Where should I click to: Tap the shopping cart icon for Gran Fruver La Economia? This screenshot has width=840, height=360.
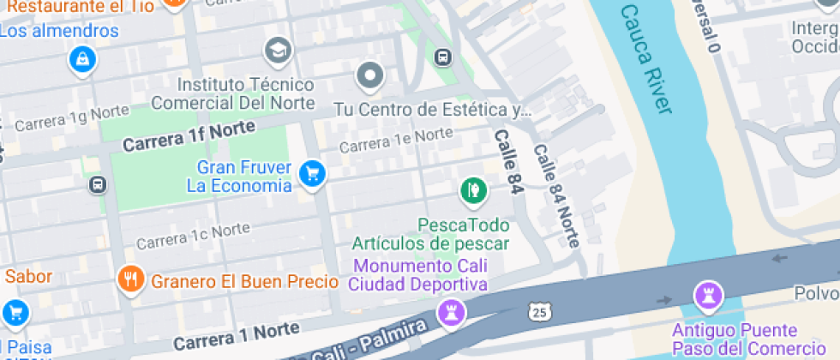311,174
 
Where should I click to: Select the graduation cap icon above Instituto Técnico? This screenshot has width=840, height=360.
278,51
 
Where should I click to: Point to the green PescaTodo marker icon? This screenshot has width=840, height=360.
472,189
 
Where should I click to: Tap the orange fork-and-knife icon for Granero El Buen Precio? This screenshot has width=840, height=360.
130,279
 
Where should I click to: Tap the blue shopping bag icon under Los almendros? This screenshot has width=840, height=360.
82,60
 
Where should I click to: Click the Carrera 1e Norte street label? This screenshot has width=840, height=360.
396,141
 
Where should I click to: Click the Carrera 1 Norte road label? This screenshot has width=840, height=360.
236,335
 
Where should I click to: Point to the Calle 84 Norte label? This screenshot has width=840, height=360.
557,195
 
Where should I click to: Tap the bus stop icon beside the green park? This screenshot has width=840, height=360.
98,185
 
